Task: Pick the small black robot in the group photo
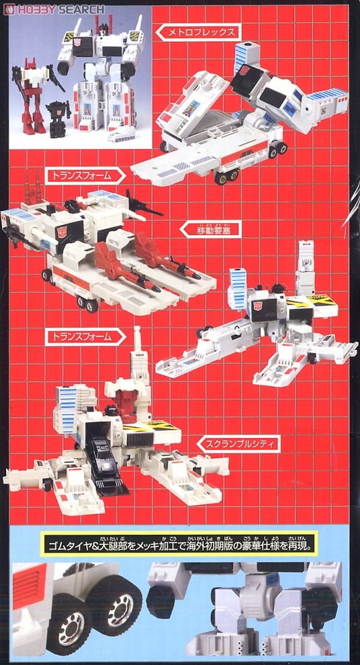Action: coord(61,118)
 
